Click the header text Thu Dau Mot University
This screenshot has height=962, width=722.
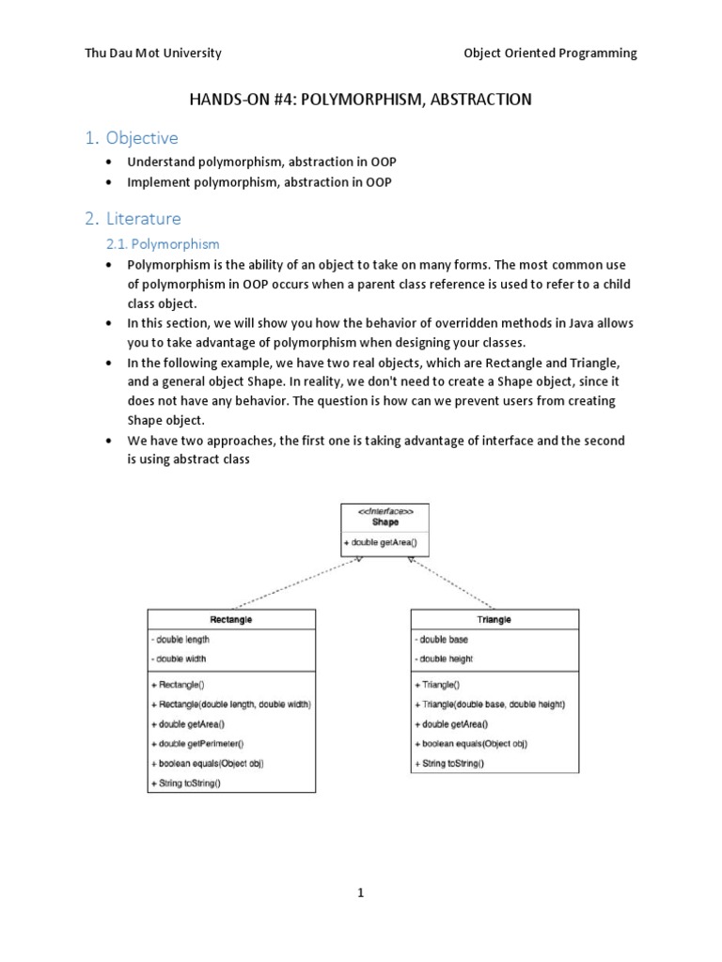tap(153, 54)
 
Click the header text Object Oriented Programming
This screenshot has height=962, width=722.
tap(550, 54)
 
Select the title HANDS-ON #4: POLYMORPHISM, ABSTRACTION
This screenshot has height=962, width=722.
tap(361, 99)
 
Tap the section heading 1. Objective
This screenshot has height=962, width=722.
tap(131, 138)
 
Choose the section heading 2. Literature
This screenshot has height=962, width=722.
tap(133, 219)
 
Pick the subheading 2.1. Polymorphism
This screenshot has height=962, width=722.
tap(162, 244)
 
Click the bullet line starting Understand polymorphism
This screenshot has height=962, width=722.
tap(261, 163)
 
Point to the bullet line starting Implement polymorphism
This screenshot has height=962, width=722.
tap(259, 182)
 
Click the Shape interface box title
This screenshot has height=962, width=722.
tap(385, 522)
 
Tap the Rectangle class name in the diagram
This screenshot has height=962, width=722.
tap(230, 620)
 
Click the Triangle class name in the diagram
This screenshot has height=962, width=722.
tap(494, 620)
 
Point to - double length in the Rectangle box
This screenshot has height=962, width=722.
tap(180, 640)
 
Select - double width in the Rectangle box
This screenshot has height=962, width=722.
tap(180, 659)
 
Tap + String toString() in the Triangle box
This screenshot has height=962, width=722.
tap(449, 763)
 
